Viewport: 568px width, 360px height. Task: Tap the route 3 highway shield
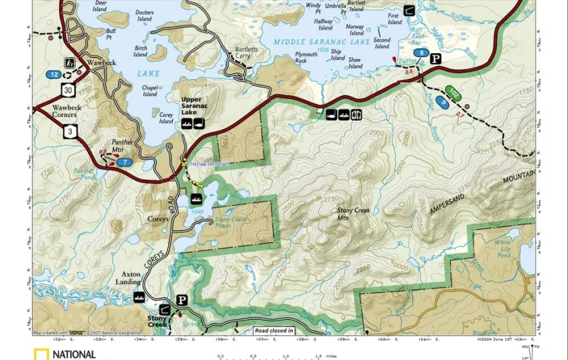[71, 132]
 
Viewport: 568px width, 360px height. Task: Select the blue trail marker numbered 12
[54, 74]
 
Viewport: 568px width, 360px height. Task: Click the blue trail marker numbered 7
[124, 162]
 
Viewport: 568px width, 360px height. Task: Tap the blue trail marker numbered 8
[421, 52]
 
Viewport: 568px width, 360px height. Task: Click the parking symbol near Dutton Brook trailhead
[436, 58]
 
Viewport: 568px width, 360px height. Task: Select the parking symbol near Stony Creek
[181, 300]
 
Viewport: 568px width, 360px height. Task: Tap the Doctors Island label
[145, 15]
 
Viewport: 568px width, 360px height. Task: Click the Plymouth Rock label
[306, 58]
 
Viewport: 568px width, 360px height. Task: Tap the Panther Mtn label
[122, 146]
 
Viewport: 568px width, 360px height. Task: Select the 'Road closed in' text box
[274, 330]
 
